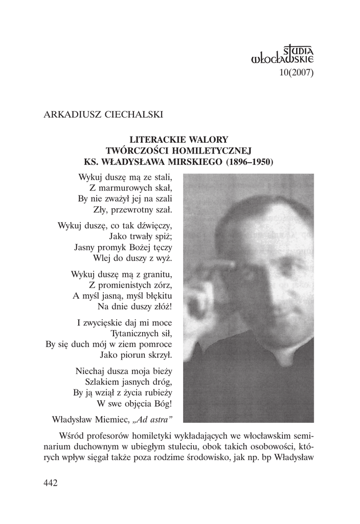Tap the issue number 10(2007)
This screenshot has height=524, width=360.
(296, 72)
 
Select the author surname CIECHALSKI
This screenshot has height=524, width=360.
(133, 114)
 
